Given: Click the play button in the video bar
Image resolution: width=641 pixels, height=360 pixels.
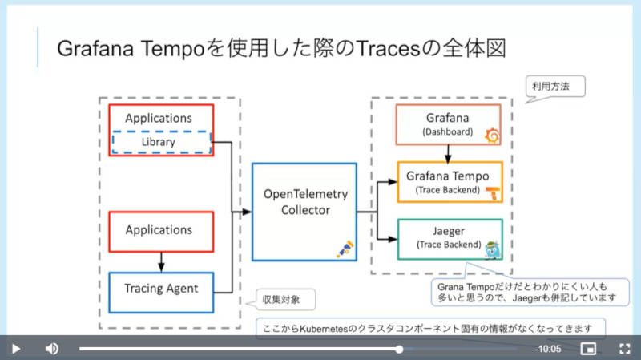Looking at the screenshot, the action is click(x=16, y=349).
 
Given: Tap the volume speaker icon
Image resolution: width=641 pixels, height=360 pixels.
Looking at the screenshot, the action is click(x=52, y=349).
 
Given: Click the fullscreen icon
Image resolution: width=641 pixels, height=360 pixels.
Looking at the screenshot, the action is click(x=624, y=349).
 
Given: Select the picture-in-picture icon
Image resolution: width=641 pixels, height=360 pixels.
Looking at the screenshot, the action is click(x=588, y=349).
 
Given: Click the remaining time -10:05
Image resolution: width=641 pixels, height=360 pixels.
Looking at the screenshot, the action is click(x=548, y=349).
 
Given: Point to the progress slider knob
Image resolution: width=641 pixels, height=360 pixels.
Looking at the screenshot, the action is click(x=399, y=349).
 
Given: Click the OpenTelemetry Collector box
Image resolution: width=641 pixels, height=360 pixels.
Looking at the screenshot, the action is click(x=304, y=212).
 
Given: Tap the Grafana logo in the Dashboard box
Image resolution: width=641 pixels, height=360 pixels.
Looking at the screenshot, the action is click(x=492, y=136).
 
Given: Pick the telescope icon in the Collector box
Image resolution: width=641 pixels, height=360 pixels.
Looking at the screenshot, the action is click(x=345, y=249).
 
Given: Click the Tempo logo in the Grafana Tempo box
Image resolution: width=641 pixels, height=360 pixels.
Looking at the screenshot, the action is click(x=493, y=192).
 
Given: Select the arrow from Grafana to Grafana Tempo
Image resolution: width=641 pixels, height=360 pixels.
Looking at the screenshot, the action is click(x=448, y=154).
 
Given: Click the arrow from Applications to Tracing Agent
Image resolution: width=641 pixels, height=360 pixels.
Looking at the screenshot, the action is click(x=161, y=262).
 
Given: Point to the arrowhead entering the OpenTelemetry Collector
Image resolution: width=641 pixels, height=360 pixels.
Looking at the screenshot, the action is click(x=247, y=212).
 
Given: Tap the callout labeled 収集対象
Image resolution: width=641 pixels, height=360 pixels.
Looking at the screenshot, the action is click(x=281, y=299).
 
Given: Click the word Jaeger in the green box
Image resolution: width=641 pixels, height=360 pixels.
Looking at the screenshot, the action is click(x=449, y=231).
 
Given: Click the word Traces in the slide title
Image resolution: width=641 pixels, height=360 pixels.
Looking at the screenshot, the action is click(x=389, y=49).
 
